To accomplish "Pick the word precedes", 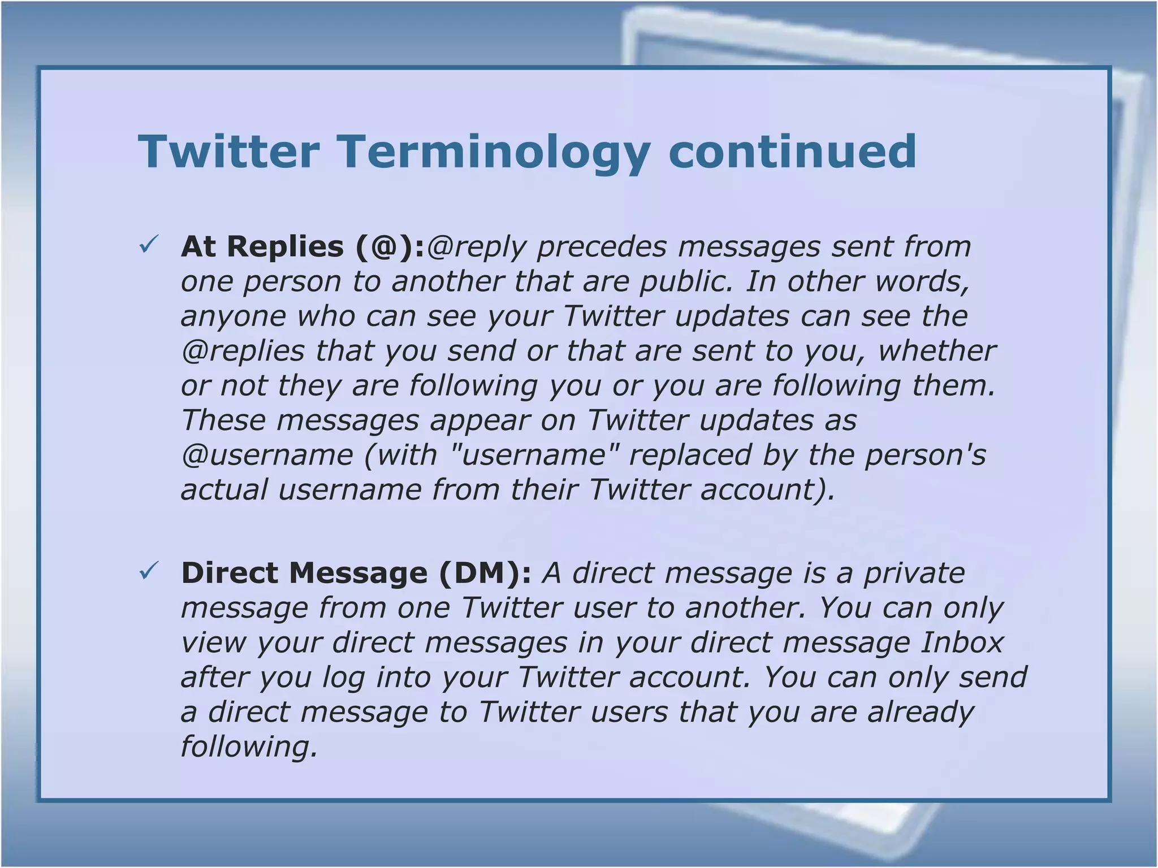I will pos(602,246).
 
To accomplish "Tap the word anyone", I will pos(234,316).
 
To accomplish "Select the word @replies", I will pos(243,351).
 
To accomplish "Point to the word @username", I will pos(267,455).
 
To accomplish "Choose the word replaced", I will pos(690,455).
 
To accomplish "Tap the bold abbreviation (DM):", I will pos(485,573).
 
